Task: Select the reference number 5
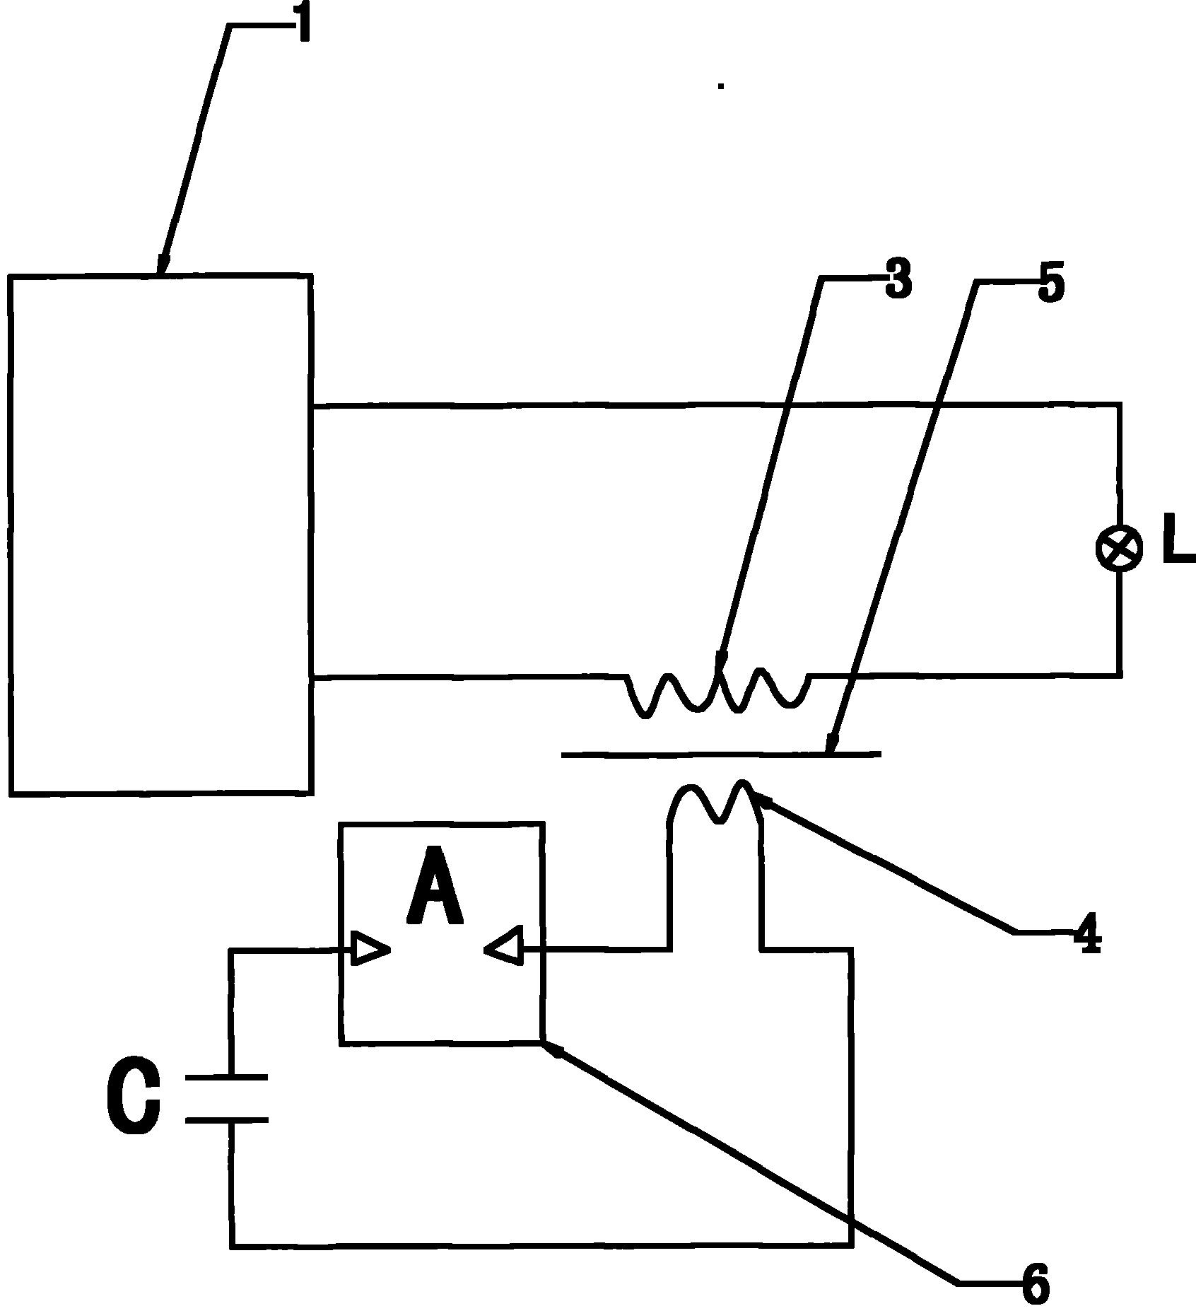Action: (1050, 283)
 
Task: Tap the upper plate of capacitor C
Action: (226, 1078)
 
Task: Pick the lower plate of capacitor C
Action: (226, 1120)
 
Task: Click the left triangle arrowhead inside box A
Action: (370, 950)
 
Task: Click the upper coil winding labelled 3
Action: (717, 689)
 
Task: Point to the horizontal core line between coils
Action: (721, 754)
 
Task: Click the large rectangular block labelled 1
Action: (160, 535)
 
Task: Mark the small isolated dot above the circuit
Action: (721, 86)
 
